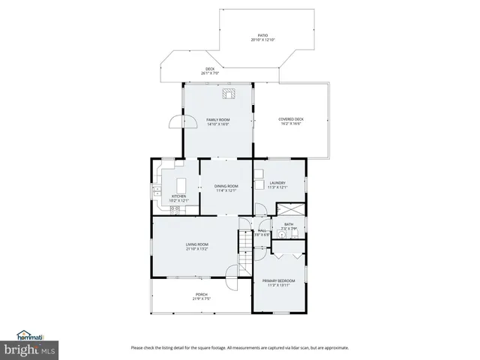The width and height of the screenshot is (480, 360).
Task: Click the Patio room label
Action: tap(263, 34)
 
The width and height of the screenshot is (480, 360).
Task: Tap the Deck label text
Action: tap(211, 69)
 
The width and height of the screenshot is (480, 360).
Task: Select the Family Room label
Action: tap(218, 120)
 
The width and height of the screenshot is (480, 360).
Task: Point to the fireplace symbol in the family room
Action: tap(228, 94)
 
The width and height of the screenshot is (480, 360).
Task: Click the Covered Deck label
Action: tap(290, 119)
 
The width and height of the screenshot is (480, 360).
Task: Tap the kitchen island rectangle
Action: tap(181, 185)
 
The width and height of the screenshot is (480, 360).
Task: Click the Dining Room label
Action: tap(226, 186)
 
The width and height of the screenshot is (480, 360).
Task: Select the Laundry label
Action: tap(278, 182)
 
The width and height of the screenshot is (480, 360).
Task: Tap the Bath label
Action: tap(289, 224)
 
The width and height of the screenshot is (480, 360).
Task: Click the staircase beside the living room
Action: tap(246, 252)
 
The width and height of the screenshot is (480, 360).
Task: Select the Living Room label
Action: tap(197, 244)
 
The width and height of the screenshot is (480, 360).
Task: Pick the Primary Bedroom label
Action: tap(278, 281)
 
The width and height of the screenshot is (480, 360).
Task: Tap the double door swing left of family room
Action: tap(175, 121)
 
